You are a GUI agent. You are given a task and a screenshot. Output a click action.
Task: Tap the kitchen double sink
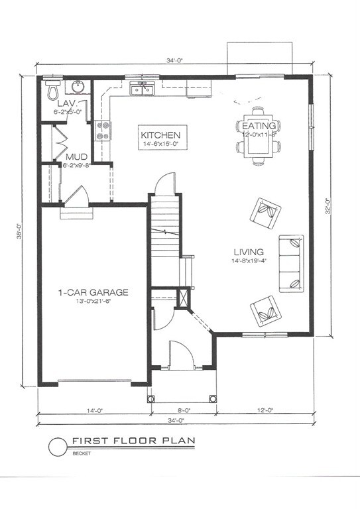point(142,87)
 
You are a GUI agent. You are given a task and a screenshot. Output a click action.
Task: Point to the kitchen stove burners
point(103,131)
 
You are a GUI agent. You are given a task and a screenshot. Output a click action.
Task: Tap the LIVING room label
point(249,252)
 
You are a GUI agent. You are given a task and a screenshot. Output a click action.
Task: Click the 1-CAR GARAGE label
point(92,292)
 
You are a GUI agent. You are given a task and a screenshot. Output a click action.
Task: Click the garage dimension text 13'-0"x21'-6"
point(92,302)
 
